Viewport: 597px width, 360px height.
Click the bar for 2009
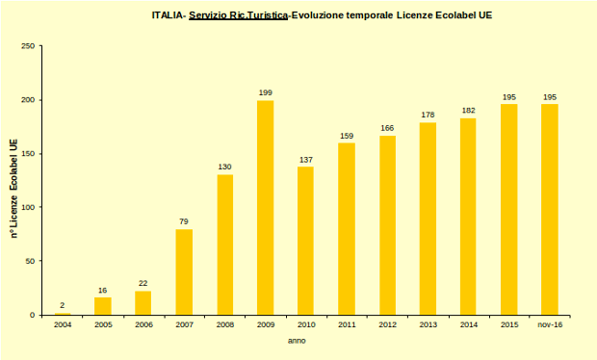click(x=265, y=208)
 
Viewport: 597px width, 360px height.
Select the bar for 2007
click(x=184, y=272)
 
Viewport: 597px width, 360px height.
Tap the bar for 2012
click(x=387, y=225)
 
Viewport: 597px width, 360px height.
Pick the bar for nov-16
click(x=550, y=210)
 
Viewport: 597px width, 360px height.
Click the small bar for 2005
click(x=102, y=306)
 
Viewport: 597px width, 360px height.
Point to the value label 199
click(x=265, y=92)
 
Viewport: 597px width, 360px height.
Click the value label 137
click(x=306, y=159)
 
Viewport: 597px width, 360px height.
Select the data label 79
click(x=184, y=221)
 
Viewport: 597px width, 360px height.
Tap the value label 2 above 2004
click(x=62, y=305)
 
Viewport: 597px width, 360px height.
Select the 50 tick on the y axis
click(x=31, y=261)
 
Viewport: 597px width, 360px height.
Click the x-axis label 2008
click(x=224, y=325)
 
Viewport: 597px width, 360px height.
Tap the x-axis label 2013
click(x=428, y=325)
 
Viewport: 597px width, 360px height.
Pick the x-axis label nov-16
click(x=550, y=325)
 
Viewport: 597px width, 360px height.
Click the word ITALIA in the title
click(x=168, y=16)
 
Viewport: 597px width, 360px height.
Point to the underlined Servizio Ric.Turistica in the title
click(x=239, y=16)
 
